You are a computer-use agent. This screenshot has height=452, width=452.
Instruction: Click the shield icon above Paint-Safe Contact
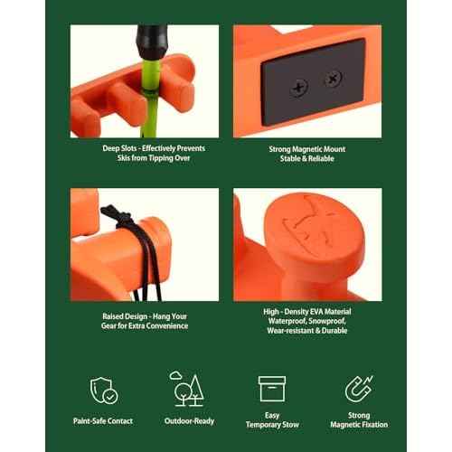[104, 390]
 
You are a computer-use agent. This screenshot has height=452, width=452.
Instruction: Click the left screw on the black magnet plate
[299, 87]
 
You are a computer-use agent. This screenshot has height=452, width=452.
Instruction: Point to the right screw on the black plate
[333, 80]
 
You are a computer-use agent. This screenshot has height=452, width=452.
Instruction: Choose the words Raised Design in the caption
[121, 315]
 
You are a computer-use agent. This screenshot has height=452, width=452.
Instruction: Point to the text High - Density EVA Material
[307, 311]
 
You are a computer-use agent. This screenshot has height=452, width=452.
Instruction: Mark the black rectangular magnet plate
[316, 83]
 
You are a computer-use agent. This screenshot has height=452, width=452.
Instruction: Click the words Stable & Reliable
[307, 159]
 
